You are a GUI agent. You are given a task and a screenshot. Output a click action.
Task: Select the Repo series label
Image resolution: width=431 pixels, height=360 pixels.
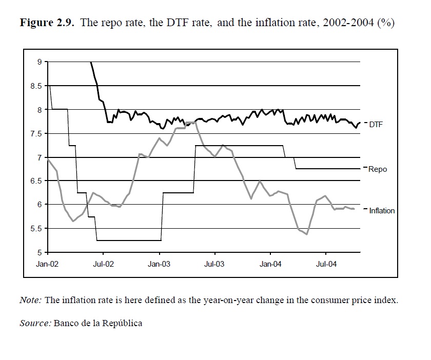(378, 169)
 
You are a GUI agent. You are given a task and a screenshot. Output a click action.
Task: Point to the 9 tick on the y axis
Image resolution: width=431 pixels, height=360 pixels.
(40, 62)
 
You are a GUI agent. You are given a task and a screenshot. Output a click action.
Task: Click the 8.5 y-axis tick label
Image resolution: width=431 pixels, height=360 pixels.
(36, 86)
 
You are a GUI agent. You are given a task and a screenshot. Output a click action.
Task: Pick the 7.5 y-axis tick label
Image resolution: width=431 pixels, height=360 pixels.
(36, 133)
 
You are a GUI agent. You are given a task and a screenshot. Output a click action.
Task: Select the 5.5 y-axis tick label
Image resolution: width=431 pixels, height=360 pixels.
(36, 228)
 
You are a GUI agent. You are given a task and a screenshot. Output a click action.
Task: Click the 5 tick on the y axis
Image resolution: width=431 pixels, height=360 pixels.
(40, 252)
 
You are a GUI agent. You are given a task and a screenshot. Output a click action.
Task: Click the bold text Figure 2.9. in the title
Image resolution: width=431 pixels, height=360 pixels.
(42, 24)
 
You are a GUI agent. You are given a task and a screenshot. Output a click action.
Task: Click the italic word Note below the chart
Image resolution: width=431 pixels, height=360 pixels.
(30, 300)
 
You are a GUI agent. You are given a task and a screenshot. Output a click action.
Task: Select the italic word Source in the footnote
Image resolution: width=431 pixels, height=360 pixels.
(35, 323)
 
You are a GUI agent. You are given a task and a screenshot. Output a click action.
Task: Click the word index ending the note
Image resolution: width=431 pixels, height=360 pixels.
(386, 300)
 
